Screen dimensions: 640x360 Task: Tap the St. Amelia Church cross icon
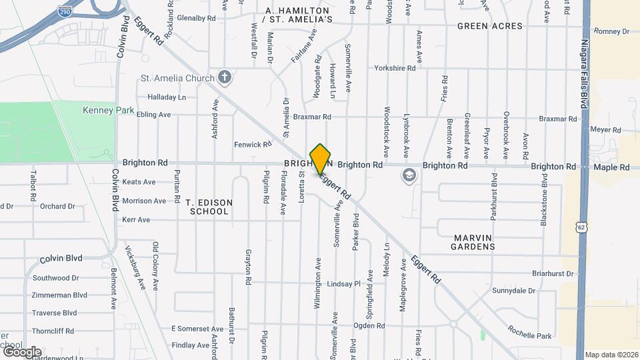[x=225, y=78]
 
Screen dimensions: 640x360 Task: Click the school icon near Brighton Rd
[x=408, y=176]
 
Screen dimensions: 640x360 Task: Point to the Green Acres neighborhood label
[x=489, y=26]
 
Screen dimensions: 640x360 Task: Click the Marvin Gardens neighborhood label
[x=475, y=242]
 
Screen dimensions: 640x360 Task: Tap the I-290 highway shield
[x=65, y=12]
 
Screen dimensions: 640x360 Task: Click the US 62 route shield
[x=581, y=228]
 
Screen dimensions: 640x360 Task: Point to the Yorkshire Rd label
[x=395, y=68]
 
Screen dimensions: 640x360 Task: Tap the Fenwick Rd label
[x=253, y=144]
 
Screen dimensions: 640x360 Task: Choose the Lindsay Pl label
[x=343, y=283]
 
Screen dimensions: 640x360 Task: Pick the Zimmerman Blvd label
[x=59, y=295]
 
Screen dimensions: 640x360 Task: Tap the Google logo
[x=21, y=352]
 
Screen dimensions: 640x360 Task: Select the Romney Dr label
[x=611, y=31]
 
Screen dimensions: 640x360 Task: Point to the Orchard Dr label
[x=57, y=206]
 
